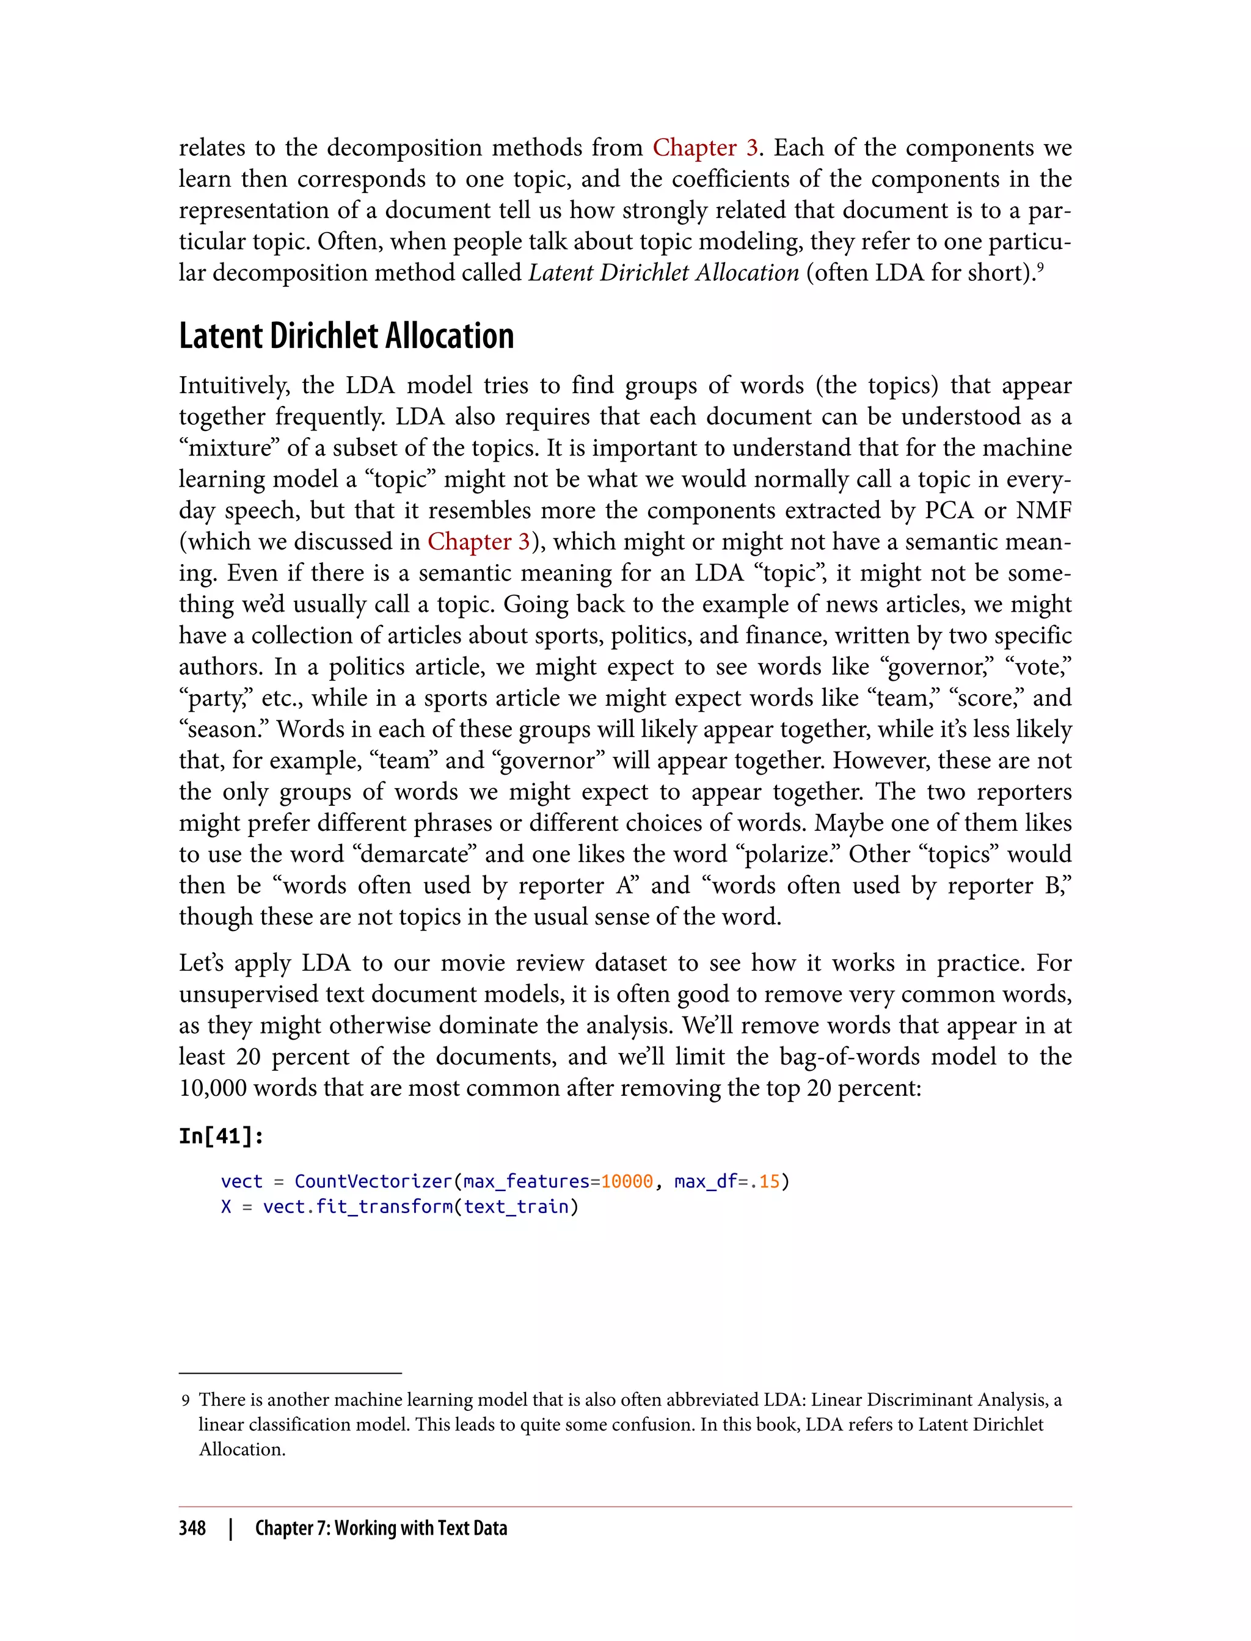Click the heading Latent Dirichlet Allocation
click(346, 336)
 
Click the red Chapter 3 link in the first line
click(704, 148)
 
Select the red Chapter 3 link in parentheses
click(478, 542)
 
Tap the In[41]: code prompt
click(221, 1136)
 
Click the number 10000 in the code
click(626, 1182)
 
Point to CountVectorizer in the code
click(373, 1182)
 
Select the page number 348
click(192, 1528)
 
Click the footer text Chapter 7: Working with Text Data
click(381, 1528)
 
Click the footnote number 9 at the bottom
click(186, 1400)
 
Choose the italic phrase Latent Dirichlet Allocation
click(663, 273)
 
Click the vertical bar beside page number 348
click(231, 1529)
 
